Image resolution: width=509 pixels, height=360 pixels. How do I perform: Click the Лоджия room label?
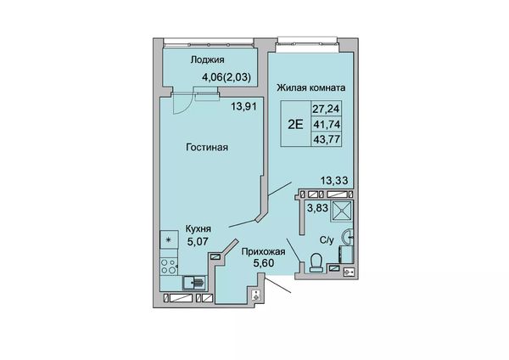pyautogui.click(x=208, y=60)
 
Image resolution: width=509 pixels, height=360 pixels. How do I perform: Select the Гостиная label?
pyautogui.click(x=207, y=148)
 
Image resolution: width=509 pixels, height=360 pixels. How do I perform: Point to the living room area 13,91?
pyautogui.click(x=243, y=106)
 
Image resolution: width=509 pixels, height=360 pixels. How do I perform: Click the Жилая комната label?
pyautogui.click(x=311, y=87)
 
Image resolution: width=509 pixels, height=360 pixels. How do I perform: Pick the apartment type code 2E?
pyautogui.click(x=295, y=124)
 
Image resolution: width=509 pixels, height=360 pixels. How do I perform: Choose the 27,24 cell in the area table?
pyautogui.click(x=326, y=109)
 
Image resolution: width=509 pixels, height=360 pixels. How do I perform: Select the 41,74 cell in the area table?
pyautogui.click(x=326, y=124)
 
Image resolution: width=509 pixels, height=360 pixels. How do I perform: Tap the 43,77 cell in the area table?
pyautogui.click(x=326, y=139)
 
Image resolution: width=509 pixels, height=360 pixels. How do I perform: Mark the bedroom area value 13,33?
pyautogui.click(x=334, y=180)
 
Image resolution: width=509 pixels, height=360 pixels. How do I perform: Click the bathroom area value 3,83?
pyautogui.click(x=318, y=207)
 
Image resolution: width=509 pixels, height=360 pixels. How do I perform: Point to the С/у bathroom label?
pyautogui.click(x=327, y=241)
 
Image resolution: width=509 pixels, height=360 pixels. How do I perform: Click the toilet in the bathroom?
pyautogui.click(x=316, y=262)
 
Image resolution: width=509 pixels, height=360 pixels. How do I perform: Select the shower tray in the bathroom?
pyautogui.click(x=341, y=211)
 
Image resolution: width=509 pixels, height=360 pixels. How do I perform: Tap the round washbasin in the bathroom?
pyautogui.click(x=348, y=237)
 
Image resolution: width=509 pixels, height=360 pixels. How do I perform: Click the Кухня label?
pyautogui.click(x=198, y=228)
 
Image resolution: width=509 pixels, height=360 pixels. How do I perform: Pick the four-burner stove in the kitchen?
pyautogui.click(x=169, y=267)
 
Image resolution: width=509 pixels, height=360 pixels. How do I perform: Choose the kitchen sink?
pyautogui.click(x=193, y=283)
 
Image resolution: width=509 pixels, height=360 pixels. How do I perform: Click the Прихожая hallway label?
pyautogui.click(x=263, y=252)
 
